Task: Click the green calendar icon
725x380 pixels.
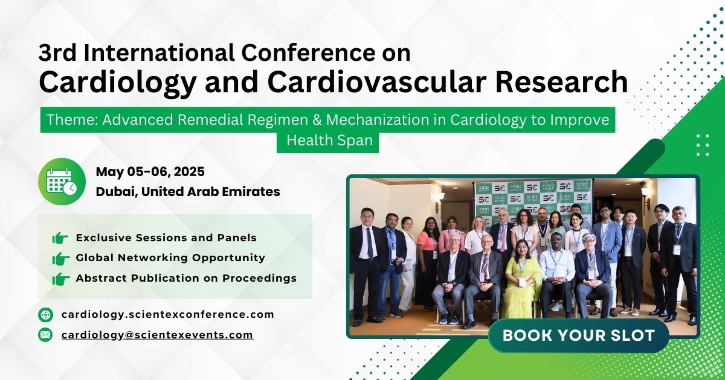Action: tap(62, 182)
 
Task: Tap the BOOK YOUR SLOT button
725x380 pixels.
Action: tap(579, 335)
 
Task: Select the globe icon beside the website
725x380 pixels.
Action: tap(45, 315)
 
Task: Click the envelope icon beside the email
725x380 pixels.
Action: tap(45, 335)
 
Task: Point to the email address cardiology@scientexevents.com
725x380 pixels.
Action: tap(157, 335)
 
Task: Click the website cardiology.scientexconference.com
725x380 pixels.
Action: tap(168, 315)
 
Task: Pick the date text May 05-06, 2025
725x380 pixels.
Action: tap(150, 171)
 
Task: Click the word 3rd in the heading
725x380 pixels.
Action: tap(57, 52)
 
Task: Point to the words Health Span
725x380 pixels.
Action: tap(329, 141)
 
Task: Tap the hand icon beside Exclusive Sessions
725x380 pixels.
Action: tap(60, 238)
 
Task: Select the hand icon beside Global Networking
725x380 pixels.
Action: tap(60, 259)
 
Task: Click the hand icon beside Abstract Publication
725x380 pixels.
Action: tap(60, 279)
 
